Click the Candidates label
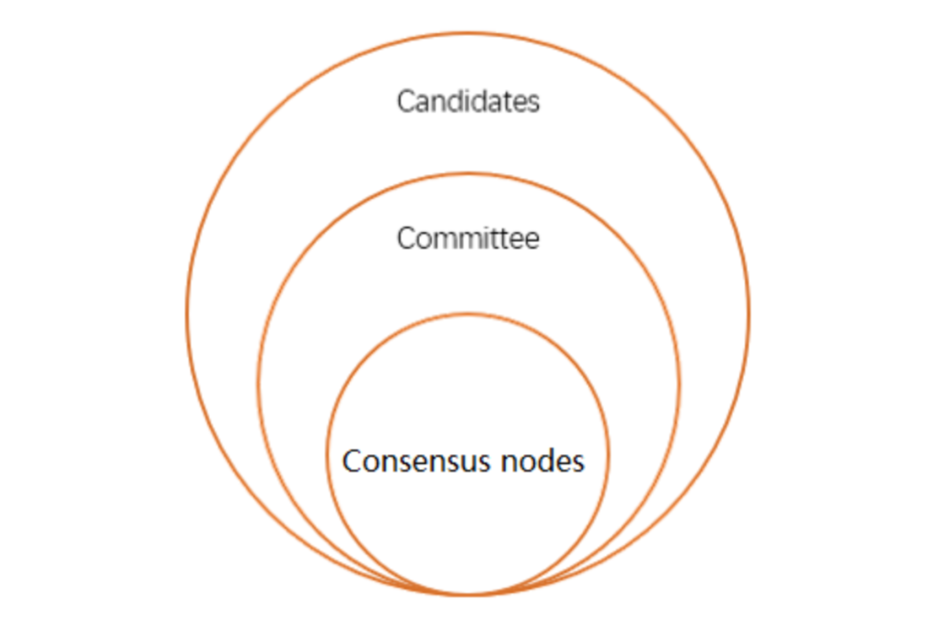point(468,101)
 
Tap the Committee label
point(468,238)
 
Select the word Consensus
point(416,461)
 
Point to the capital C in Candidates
point(407,102)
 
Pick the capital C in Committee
point(407,238)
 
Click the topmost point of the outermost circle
point(467,33)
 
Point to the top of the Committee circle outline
point(468,174)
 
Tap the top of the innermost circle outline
point(467,315)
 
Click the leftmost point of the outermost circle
point(187,314)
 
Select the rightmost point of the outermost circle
point(748,314)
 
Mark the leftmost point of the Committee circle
point(258,385)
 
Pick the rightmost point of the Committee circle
point(678,385)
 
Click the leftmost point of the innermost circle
point(328,455)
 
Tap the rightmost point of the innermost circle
point(607,455)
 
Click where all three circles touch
point(467,595)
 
